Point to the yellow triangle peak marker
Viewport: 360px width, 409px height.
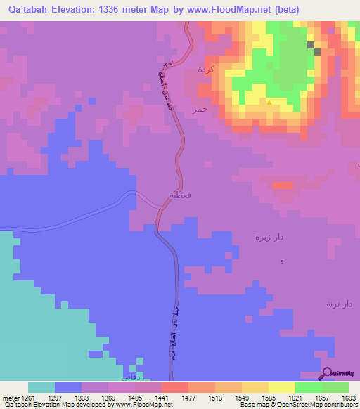coord(269,102)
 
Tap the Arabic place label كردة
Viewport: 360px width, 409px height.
coord(206,70)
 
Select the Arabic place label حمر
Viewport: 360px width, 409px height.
coord(200,110)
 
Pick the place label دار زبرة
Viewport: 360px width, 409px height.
coord(269,237)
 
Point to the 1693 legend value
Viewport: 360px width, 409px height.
coord(348,397)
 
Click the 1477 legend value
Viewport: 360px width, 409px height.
coord(187,397)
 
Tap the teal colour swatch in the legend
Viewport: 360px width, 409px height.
coord(41,387)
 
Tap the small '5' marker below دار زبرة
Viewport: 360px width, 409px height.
coord(283,262)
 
